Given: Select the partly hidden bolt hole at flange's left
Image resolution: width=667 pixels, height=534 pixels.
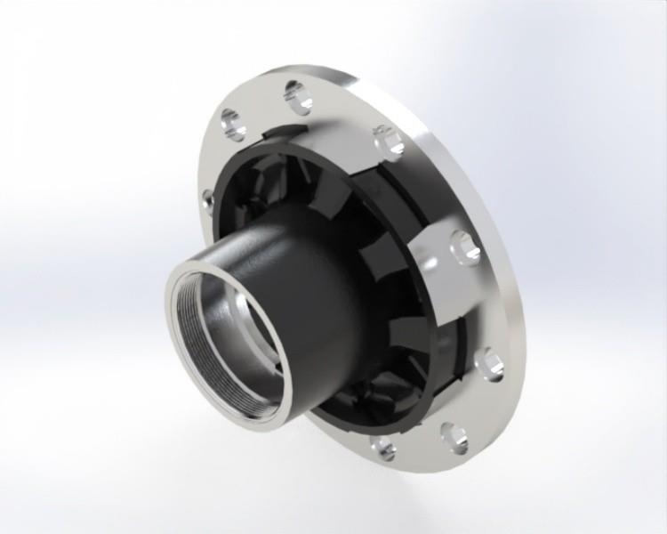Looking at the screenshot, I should tap(206, 203).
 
